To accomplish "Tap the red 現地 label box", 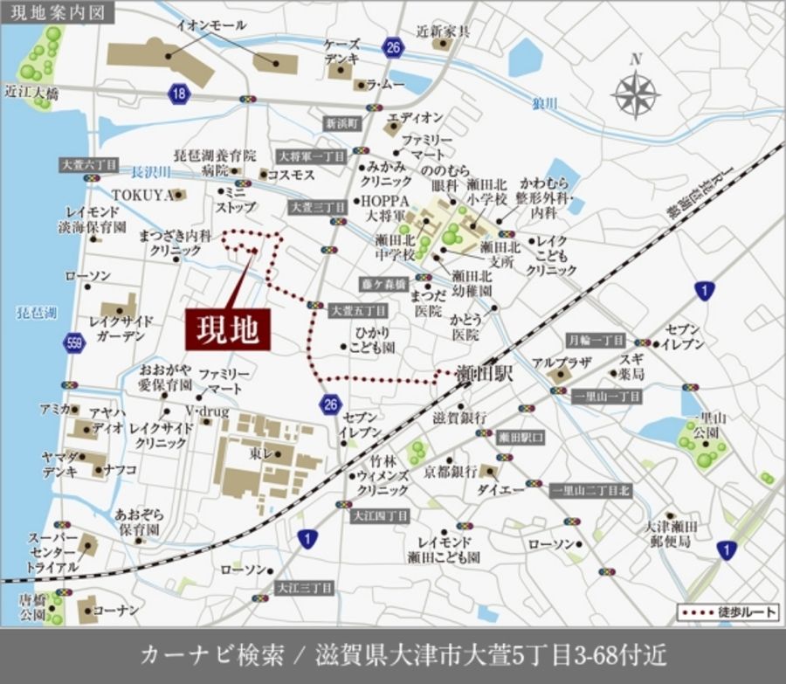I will coord(227,329).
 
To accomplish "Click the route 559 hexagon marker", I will coord(75,342).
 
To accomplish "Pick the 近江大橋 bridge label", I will coord(31,92).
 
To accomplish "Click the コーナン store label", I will coord(116,609).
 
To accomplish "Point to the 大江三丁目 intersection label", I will coord(305,588).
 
